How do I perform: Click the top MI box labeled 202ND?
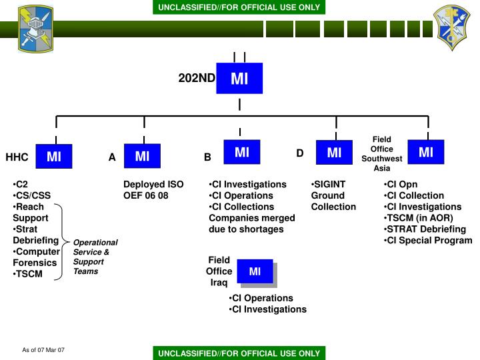pos(239,79)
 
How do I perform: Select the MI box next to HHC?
pos(54,157)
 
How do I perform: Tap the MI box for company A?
pos(142,157)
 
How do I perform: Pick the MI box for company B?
pos(242,153)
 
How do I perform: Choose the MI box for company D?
pos(334,153)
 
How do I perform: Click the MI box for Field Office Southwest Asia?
pos(426,153)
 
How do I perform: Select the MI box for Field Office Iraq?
pos(255,271)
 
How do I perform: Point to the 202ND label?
pos(197,78)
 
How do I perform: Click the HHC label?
pos(17,158)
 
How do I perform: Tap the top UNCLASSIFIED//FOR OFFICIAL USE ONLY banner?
pos(239,7)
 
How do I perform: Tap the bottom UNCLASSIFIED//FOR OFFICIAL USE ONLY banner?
pos(239,353)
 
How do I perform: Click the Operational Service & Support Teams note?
pos(95,257)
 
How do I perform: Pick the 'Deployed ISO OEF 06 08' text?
pos(153,190)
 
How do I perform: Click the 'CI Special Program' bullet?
pos(429,241)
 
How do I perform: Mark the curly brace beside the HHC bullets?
pos(64,240)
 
